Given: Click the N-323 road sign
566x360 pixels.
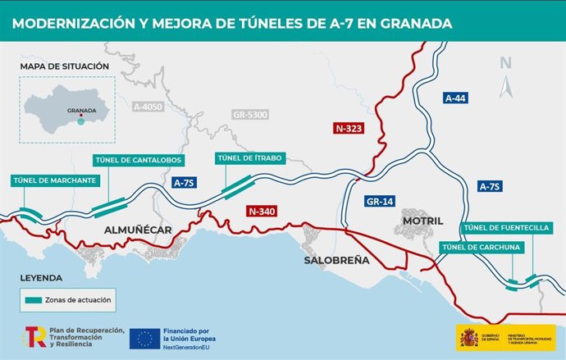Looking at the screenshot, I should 349,129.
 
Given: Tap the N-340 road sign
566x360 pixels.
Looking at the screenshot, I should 262,212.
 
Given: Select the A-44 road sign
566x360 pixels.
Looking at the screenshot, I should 455,98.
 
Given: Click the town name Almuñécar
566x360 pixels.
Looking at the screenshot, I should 138,230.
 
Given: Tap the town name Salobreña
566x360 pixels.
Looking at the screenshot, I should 336,261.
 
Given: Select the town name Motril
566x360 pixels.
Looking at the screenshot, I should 423,221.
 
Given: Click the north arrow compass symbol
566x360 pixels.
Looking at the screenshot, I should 506,79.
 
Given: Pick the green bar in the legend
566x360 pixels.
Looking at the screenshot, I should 36,300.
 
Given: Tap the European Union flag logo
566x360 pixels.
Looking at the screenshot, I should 144,338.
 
